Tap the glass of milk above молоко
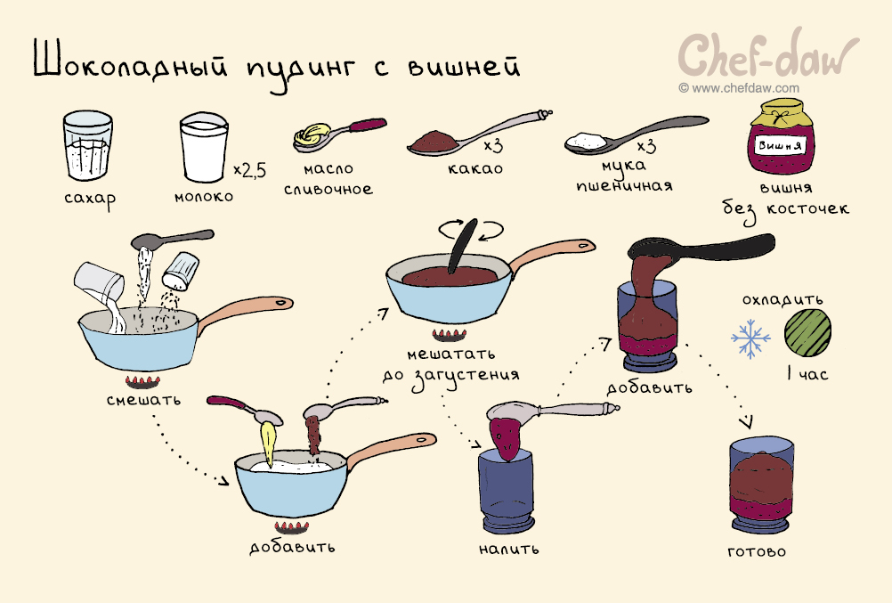click(x=203, y=149)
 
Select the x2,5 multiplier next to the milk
click(x=249, y=169)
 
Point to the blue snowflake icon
click(x=750, y=338)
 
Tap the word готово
click(x=757, y=551)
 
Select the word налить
click(x=508, y=549)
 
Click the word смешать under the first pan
click(x=143, y=399)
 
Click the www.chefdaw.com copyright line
click(x=739, y=88)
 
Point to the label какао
click(x=475, y=168)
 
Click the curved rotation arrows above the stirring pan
click(x=471, y=229)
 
